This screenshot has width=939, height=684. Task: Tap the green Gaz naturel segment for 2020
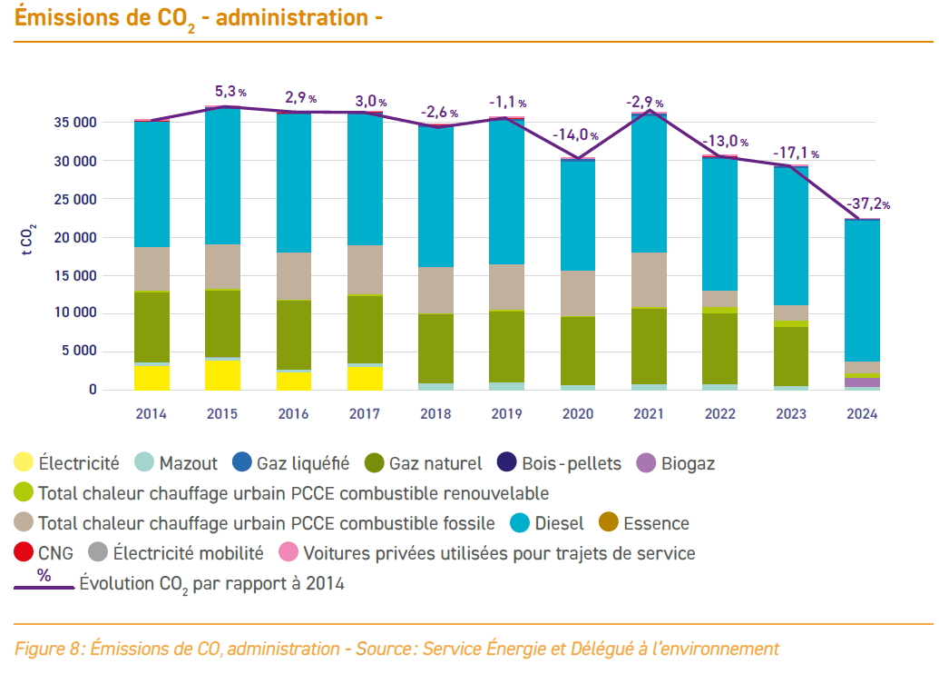577,351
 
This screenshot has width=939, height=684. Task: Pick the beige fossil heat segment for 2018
435,291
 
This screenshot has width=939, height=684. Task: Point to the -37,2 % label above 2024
867,204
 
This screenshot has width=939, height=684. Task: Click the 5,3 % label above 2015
230,92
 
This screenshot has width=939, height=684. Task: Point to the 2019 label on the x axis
506,414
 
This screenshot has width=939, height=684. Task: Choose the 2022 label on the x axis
719,414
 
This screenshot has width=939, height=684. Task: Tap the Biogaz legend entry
687,463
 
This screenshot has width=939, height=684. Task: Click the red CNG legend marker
24,552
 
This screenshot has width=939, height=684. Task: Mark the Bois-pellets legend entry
571,463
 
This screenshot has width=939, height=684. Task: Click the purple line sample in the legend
44,587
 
